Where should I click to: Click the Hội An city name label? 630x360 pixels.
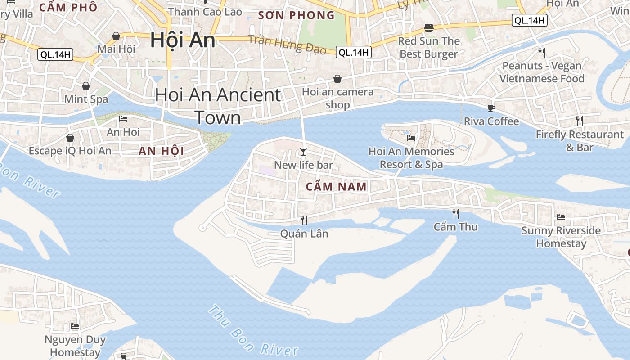point(183,40)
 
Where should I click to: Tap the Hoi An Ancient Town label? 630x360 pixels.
point(218,106)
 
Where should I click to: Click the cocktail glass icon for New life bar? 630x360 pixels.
point(303,151)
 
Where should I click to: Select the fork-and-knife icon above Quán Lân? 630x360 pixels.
point(304,220)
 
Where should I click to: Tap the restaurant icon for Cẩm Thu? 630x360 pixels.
point(456,213)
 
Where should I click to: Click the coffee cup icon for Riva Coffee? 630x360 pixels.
point(491,108)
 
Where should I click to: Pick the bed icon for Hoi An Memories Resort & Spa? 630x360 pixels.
point(411,138)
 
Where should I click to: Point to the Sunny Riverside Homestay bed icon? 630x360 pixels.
point(561,217)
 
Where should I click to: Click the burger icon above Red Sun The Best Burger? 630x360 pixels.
point(428,28)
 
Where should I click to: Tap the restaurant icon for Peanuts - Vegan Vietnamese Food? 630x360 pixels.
point(542,52)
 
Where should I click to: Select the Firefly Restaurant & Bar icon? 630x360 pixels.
point(580,121)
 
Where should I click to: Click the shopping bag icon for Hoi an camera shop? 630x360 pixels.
point(337,79)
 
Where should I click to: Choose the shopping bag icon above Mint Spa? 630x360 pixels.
point(86,85)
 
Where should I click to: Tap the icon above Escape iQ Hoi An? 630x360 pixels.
point(70,137)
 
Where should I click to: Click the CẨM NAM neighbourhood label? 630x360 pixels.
point(336,186)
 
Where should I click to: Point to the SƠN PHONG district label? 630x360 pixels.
point(296,15)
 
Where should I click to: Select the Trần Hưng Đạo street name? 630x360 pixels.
point(287,44)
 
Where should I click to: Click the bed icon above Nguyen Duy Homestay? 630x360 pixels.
point(75,326)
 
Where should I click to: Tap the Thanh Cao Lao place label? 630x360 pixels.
point(205,12)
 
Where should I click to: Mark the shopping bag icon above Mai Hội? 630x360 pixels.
point(116,36)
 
